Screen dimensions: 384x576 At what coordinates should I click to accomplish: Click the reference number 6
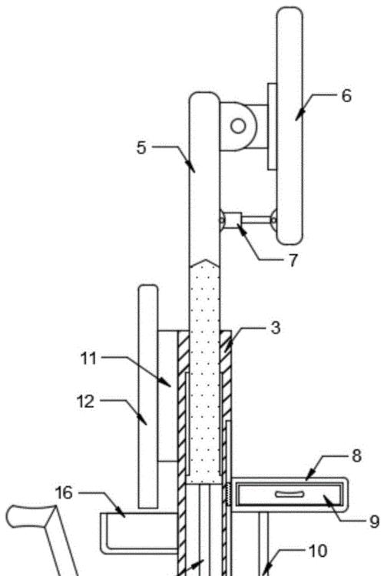346,96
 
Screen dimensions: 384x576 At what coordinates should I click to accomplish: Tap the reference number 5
141,147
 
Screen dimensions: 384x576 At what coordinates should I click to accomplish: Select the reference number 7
293,260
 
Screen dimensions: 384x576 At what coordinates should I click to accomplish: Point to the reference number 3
276,328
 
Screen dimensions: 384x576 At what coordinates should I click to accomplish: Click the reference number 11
88,358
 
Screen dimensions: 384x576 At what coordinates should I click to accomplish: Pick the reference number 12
85,402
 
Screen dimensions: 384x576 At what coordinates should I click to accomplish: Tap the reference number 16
64,492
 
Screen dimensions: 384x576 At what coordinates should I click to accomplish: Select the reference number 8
356,455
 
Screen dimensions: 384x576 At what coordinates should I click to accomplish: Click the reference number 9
374,521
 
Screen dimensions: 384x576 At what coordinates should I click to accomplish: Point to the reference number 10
318,551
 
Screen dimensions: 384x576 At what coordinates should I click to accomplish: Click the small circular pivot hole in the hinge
238,126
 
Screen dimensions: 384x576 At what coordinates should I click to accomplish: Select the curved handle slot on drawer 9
290,494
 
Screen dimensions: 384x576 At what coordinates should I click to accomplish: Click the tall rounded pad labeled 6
290,126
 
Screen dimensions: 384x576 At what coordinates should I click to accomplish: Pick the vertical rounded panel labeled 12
147,397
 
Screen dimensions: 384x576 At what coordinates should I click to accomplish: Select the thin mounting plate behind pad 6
272,127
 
